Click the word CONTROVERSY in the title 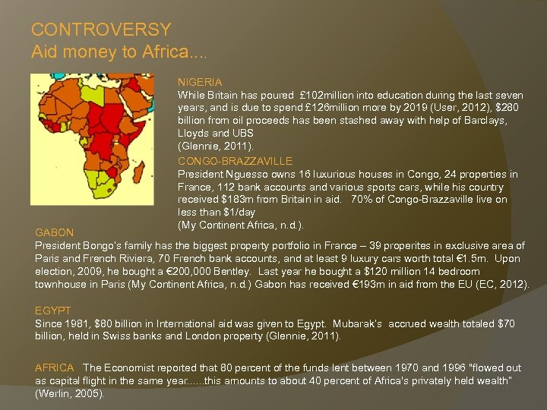(x=101, y=30)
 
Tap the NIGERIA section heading (x=200, y=82)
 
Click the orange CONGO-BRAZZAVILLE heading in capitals (x=235, y=161)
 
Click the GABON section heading (x=55, y=232)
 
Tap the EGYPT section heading (x=53, y=311)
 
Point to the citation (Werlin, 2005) (x=69, y=394)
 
